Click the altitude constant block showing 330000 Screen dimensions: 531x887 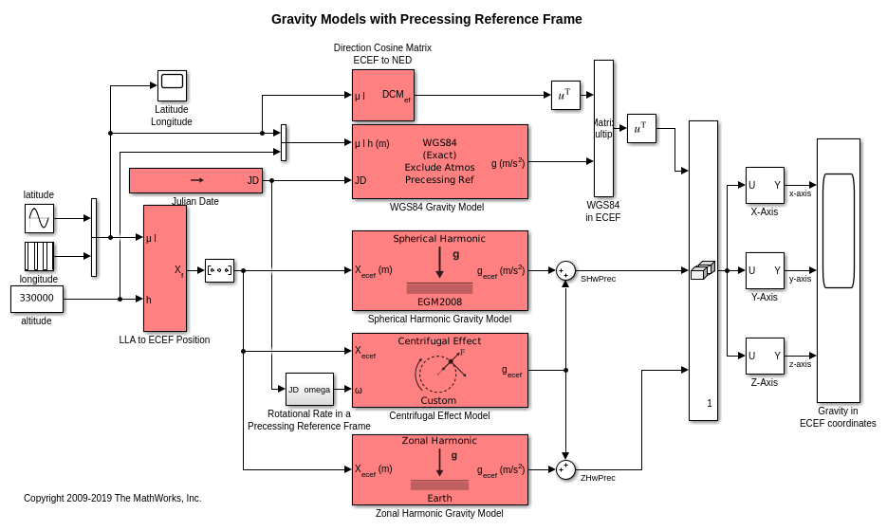(x=37, y=299)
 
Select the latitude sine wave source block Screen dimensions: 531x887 (x=39, y=218)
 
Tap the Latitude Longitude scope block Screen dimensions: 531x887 (x=172, y=85)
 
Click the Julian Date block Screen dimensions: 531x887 (x=195, y=180)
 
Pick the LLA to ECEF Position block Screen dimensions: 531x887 (x=165, y=267)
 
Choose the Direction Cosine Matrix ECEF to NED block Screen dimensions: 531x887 (x=382, y=95)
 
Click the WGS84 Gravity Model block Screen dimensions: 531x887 (x=439, y=161)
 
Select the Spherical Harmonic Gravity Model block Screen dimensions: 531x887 (x=439, y=270)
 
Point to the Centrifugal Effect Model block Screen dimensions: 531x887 (x=439, y=370)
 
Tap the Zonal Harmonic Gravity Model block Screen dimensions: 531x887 (x=439, y=469)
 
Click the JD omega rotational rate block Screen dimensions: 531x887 (x=309, y=389)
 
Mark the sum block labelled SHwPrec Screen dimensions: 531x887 (x=565, y=271)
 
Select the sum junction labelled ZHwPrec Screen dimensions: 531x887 (x=565, y=469)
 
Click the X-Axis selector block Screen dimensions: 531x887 (x=765, y=185)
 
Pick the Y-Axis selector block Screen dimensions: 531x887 (x=765, y=270)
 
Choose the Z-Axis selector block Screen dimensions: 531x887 (x=765, y=356)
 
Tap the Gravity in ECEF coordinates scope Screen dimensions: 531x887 (x=838, y=270)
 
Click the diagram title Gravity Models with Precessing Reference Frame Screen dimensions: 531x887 (x=426, y=19)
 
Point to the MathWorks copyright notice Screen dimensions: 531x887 (x=112, y=498)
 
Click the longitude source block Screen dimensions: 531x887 (x=39, y=256)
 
